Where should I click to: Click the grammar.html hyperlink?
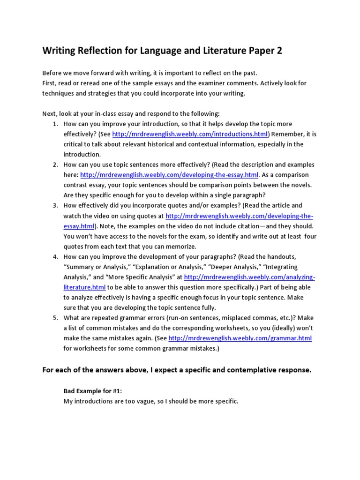tap(240, 338)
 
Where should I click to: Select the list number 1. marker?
tap(55, 124)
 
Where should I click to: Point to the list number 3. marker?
tap(55, 205)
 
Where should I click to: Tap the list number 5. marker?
tap(55, 318)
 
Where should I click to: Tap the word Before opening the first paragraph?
tap(52, 73)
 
